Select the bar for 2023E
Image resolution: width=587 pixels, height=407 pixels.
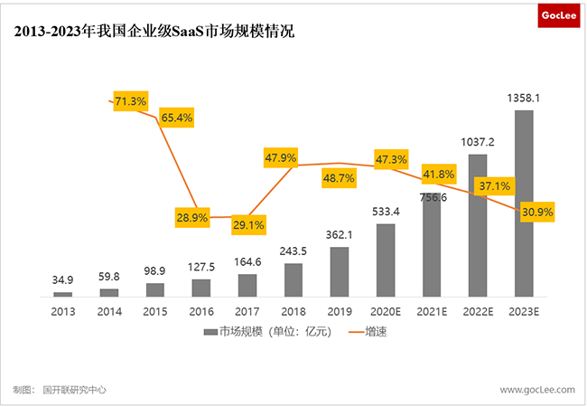click(524, 203)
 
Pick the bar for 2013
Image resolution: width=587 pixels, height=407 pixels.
click(62, 294)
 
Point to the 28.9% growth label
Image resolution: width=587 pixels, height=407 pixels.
click(192, 218)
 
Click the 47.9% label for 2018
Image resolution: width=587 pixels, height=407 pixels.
click(281, 157)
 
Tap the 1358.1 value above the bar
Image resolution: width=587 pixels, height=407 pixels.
click(524, 98)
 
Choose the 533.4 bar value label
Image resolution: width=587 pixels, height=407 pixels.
click(386, 212)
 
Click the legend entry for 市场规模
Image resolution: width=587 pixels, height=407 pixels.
click(268, 333)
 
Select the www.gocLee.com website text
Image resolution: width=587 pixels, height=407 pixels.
click(536, 390)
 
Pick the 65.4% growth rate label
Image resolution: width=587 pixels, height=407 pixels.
click(177, 118)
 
